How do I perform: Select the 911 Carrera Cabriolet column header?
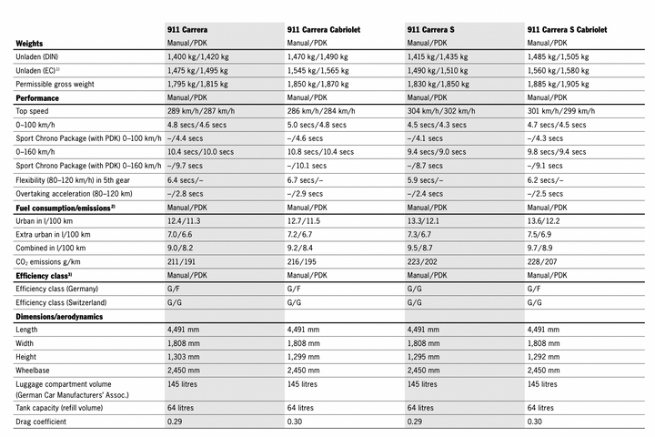(x=324, y=29)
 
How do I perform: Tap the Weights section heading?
(x=33, y=43)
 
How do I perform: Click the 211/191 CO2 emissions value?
(x=184, y=260)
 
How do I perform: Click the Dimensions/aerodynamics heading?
(x=59, y=316)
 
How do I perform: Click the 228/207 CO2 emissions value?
(x=544, y=260)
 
